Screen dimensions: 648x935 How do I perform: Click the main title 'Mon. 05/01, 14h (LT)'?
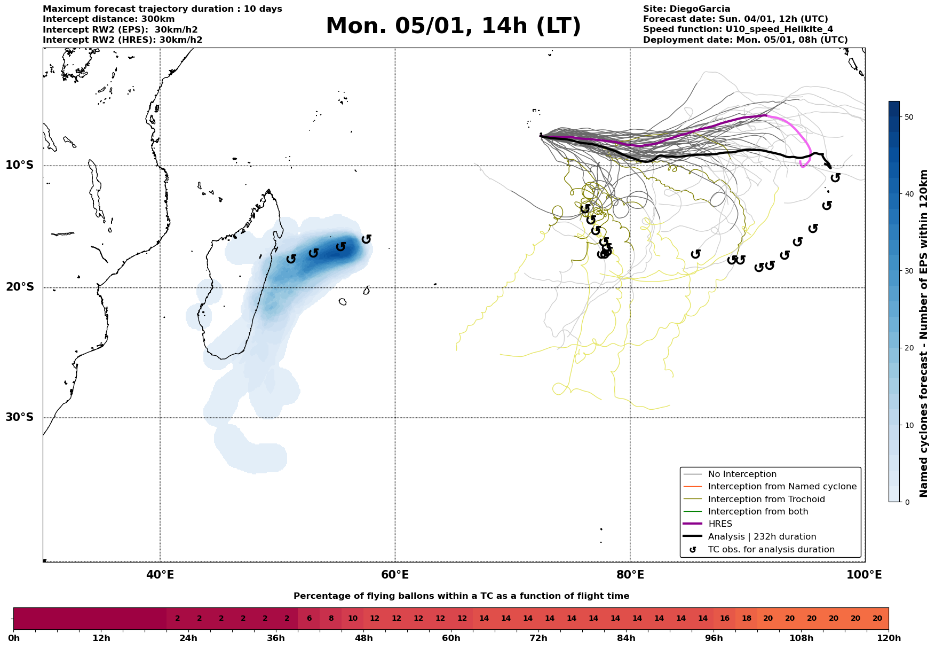453,26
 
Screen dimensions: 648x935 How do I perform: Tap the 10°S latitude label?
20,165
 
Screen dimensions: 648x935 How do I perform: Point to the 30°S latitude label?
20,417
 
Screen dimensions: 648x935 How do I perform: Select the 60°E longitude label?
395,575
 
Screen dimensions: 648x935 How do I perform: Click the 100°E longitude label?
865,575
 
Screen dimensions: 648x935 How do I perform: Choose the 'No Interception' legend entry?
742,474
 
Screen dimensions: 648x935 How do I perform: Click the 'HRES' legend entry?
720,524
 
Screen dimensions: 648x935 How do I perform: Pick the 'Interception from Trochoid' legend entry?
766,499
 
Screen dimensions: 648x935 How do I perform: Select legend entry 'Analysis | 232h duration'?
762,537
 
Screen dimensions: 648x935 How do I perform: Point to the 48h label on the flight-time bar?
363,638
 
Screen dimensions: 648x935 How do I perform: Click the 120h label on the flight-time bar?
889,638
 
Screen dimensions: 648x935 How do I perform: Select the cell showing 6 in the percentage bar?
309,619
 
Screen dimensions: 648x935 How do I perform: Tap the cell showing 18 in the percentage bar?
746,619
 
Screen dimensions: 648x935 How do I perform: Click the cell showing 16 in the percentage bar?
724,619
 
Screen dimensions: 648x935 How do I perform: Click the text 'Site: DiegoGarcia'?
686,9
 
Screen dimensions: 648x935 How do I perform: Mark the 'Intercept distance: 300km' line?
108,19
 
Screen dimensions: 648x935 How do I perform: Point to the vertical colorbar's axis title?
924,333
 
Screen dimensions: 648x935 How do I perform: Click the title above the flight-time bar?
461,596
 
